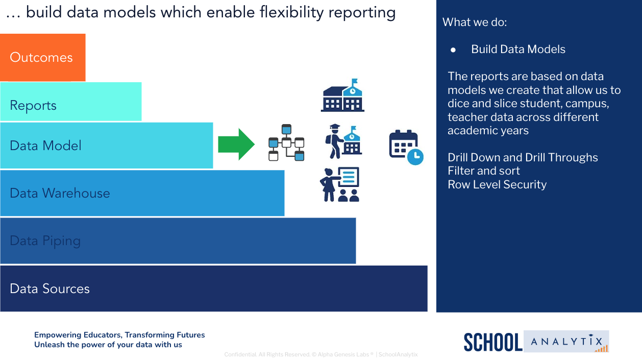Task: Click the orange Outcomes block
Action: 43,57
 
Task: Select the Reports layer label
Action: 33,106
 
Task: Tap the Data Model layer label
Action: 45,146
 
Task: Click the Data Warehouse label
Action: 60,193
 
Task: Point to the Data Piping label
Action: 45,241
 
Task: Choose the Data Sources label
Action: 50,289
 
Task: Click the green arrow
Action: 236,145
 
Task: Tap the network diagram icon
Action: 286,142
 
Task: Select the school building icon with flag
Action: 342,95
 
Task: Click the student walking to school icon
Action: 343,141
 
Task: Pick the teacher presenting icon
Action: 340,184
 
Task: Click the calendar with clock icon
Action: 406,147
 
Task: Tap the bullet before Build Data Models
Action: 453,50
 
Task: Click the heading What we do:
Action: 475,22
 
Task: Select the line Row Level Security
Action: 497,184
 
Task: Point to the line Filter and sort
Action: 483,171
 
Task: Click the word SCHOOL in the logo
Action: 493,342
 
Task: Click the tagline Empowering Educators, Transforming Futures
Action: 119,335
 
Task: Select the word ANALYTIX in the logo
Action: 566,341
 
